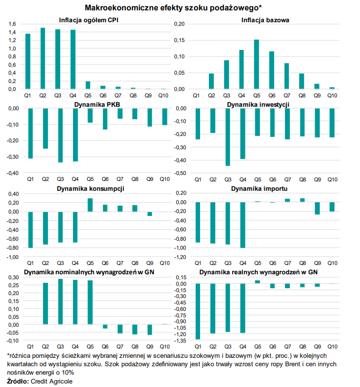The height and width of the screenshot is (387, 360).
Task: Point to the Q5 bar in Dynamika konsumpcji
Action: pos(90,205)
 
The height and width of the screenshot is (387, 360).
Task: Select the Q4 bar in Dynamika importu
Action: pos(242,225)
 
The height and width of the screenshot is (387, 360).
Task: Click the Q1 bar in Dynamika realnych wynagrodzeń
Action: pos(198,311)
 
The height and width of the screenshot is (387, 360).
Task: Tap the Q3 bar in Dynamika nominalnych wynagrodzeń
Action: pos(61,301)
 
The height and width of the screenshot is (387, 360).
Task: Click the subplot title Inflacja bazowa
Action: pos(265,20)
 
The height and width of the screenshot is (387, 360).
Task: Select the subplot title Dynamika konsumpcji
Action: pos(90,189)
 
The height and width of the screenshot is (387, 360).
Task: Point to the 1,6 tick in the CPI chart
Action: pos(13,24)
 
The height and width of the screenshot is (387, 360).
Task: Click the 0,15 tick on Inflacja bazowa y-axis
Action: pos(180,41)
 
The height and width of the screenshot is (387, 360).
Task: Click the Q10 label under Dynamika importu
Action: pos(332,264)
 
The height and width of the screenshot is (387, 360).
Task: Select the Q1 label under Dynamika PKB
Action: pos(30,178)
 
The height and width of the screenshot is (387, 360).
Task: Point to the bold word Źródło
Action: pos(18,381)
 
